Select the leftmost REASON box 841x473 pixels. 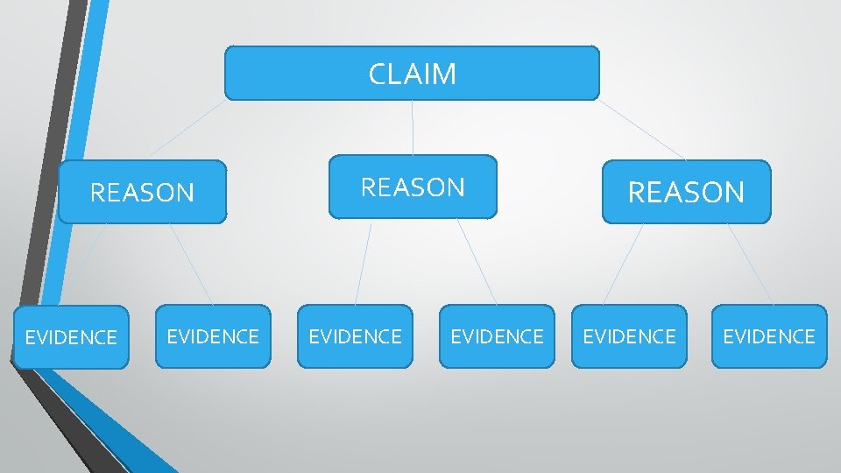point(142,192)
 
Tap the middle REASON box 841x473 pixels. point(413,187)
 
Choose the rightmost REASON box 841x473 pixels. point(687,192)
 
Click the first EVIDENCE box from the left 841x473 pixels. point(71,337)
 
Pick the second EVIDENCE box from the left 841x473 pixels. point(213,336)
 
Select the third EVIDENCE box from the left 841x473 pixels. point(355,336)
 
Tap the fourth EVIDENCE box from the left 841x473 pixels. point(497,336)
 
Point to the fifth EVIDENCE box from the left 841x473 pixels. point(629,336)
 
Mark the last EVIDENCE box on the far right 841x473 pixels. point(769,336)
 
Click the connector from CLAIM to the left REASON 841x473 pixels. point(187,128)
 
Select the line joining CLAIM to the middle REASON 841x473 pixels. point(413,128)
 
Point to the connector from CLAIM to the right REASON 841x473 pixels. point(641,129)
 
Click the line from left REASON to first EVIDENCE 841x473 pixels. point(88,264)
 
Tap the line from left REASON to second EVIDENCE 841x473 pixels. point(191,264)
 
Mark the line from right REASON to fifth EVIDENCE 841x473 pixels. point(623,264)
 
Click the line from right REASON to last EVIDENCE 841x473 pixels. point(751,264)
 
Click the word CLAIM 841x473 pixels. point(413,74)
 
